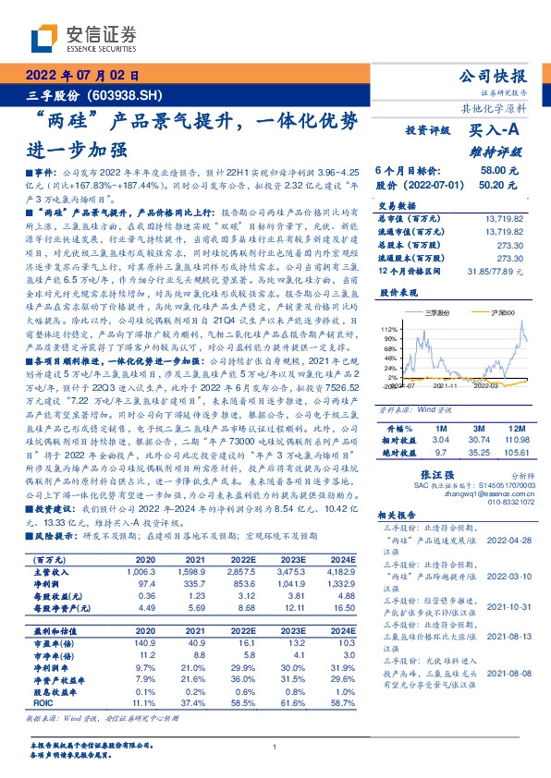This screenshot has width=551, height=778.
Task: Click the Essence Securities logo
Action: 83,37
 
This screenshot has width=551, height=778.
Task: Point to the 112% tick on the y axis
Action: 389,328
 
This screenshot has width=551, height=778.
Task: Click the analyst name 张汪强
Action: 447,469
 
